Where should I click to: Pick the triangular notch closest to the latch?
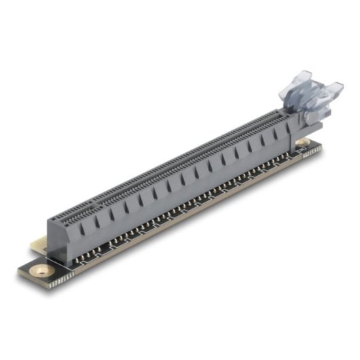[277, 136]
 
